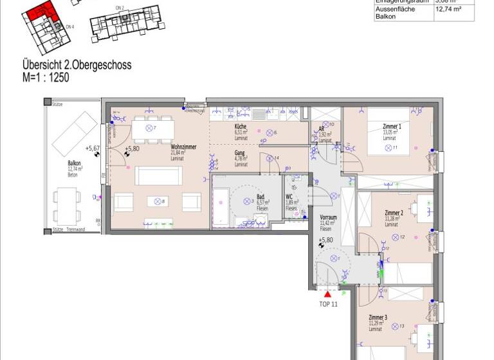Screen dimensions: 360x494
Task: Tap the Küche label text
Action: click(x=241, y=127)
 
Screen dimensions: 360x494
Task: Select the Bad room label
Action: click(x=261, y=197)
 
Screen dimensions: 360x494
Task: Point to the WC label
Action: click(x=289, y=197)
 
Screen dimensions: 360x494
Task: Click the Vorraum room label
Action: click(x=329, y=218)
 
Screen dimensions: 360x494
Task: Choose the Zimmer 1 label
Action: click(x=392, y=127)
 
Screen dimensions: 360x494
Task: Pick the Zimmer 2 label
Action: click(x=394, y=213)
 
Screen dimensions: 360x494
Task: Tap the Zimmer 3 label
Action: click(x=378, y=318)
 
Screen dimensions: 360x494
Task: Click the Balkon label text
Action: click(x=74, y=163)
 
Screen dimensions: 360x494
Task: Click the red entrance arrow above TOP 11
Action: click(x=328, y=294)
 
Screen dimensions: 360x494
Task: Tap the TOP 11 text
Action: click(x=328, y=304)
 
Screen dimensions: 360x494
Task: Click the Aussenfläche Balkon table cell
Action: click(x=396, y=13)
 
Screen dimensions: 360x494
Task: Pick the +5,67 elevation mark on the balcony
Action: click(x=95, y=147)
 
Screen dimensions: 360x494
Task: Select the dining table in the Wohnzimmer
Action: click(x=154, y=129)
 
